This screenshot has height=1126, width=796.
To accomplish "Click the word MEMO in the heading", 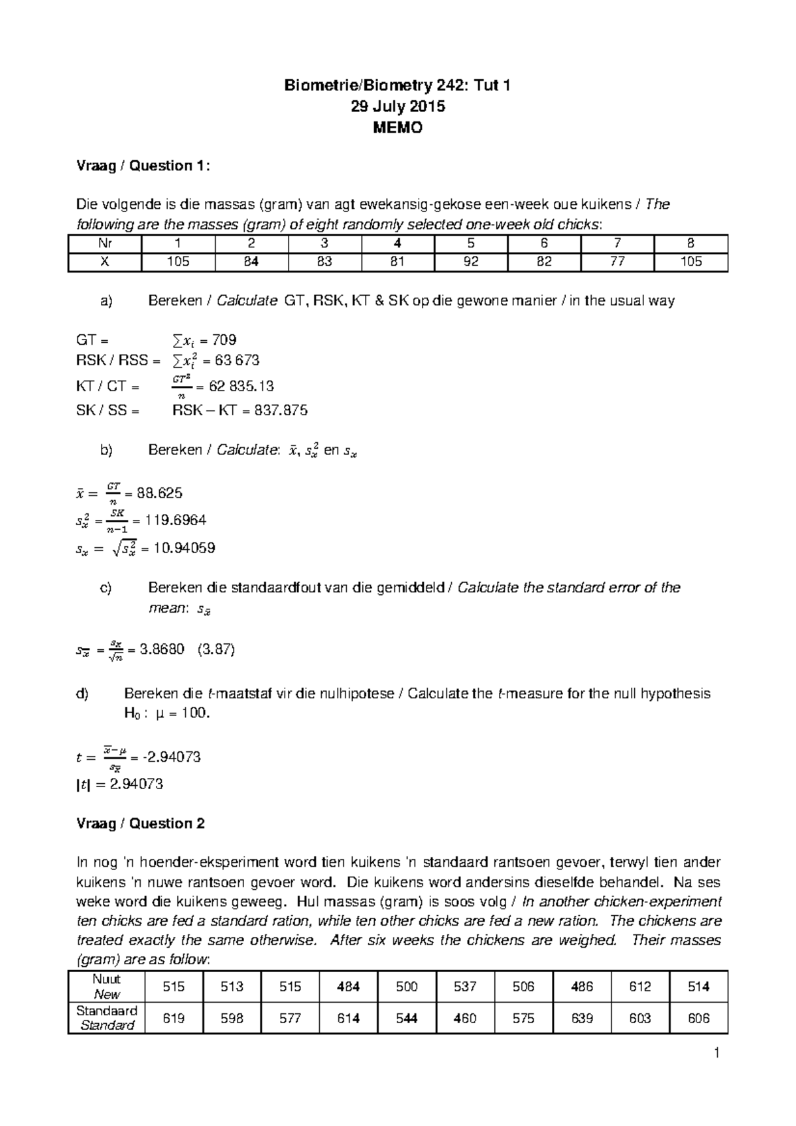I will tap(397, 129).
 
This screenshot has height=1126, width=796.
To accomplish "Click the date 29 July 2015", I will tap(397, 107).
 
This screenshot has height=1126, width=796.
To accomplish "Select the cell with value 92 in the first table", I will tap(471, 262).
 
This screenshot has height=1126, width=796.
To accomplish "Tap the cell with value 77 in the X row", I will tap(617, 262).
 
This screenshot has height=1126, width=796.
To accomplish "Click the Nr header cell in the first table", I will tap(104, 243).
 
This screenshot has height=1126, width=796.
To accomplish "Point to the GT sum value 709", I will tap(224, 340).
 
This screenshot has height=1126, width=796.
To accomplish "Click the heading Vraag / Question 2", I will tap(141, 824).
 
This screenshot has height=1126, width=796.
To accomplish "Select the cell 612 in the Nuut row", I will tap(640, 987).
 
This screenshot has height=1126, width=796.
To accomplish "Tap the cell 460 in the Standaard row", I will tap(465, 1018).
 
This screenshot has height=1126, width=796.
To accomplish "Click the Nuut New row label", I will tap(107, 987).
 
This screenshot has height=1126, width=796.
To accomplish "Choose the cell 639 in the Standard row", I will tap(582, 1018).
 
